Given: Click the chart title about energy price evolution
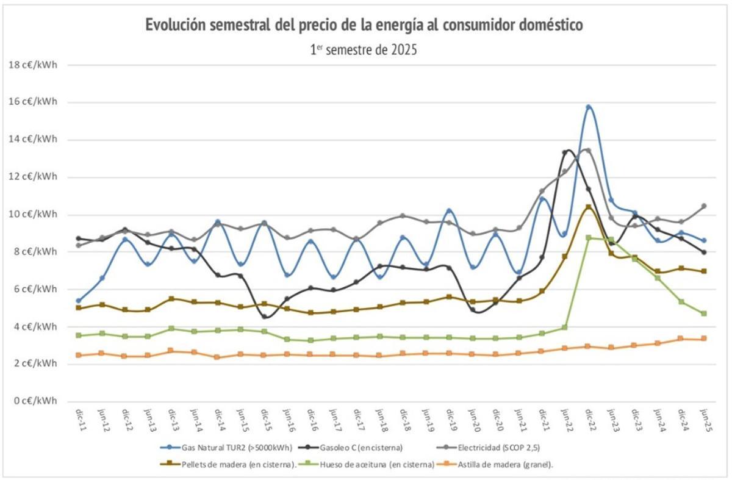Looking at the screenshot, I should (x=364, y=26).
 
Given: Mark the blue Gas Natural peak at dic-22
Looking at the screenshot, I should (x=589, y=107).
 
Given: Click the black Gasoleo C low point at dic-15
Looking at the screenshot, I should (x=265, y=317).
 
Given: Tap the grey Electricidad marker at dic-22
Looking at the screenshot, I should (x=588, y=150).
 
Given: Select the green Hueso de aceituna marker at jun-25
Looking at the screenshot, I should (x=704, y=313).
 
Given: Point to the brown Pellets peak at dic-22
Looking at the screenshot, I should (x=588, y=207).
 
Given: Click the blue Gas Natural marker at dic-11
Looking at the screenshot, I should (x=79, y=301).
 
